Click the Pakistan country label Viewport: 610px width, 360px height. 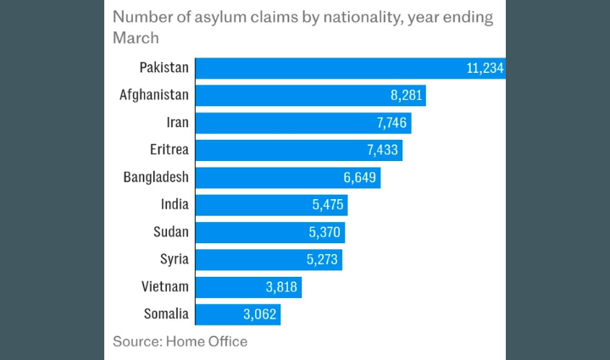164,68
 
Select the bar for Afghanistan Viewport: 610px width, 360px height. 310,96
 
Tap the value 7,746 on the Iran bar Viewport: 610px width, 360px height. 392,123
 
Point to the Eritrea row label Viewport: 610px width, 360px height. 169,150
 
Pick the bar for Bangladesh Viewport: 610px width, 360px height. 288,177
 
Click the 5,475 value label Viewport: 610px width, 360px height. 326,205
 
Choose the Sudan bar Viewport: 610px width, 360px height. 270,232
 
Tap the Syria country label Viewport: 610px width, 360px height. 174,259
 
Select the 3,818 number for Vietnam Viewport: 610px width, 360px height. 280,287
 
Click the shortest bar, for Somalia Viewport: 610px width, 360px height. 238,314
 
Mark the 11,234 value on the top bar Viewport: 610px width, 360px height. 485,69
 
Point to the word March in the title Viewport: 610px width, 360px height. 136,38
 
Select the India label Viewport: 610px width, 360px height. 175,204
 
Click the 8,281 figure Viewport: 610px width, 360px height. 404,96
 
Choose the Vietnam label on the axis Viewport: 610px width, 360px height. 165,286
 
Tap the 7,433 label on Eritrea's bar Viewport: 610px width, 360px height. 381,150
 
